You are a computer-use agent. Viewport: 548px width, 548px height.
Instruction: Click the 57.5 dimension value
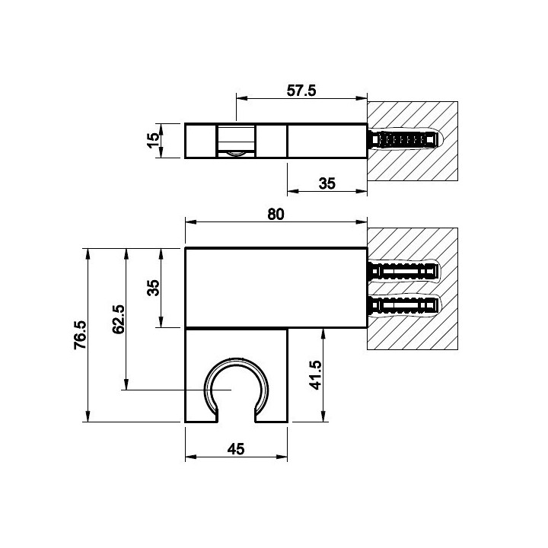tap(301, 91)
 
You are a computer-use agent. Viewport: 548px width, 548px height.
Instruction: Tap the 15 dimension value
tap(153, 141)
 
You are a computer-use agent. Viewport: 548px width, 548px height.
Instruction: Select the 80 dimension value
tap(276, 214)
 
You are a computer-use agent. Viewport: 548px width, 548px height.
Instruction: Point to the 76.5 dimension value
tap(80, 335)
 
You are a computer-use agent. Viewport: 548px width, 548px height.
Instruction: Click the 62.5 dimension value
tap(119, 319)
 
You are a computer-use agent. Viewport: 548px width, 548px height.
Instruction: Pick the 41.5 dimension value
tap(316, 375)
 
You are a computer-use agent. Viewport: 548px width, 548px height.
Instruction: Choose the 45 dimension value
tap(236, 449)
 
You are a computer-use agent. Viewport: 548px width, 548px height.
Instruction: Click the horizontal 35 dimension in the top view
tap(327, 183)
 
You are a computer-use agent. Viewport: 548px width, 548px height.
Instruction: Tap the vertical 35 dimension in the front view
tap(153, 288)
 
